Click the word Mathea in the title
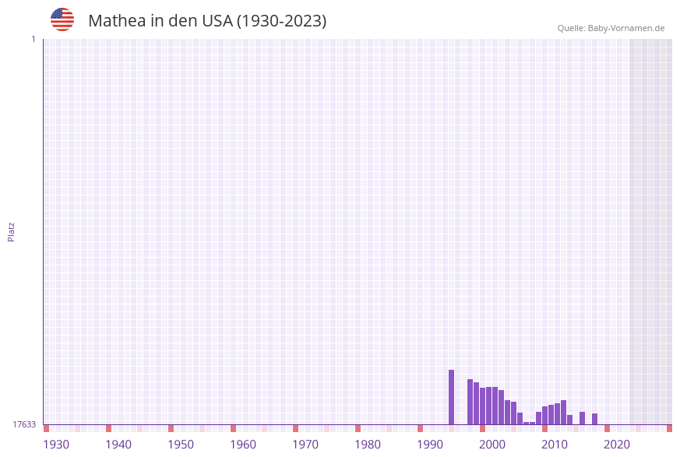pyautogui.click(x=115, y=21)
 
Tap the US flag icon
pyautogui.click(x=62, y=19)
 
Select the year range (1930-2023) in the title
pyautogui.click(x=281, y=21)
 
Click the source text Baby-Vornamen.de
pyautogui.click(x=626, y=28)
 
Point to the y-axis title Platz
pyautogui.click(x=12, y=231)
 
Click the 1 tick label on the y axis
pyautogui.click(x=33, y=39)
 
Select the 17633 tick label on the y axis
pyautogui.click(x=24, y=424)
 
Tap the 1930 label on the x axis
pyautogui.click(x=56, y=445)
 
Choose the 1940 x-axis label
pyautogui.click(x=118, y=445)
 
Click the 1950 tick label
pyautogui.click(x=181, y=445)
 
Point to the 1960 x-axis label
pyautogui.click(x=243, y=445)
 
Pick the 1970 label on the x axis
pyautogui.click(x=305, y=445)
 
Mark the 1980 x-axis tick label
pyautogui.click(x=368, y=445)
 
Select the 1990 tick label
pyautogui.click(x=430, y=445)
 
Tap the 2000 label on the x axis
pyautogui.click(x=492, y=445)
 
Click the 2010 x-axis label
pyautogui.click(x=555, y=445)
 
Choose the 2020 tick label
pyautogui.click(x=617, y=445)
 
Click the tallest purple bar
pyautogui.click(x=451, y=397)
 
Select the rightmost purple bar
pyautogui.click(x=594, y=419)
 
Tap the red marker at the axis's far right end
pyautogui.click(x=669, y=428)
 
